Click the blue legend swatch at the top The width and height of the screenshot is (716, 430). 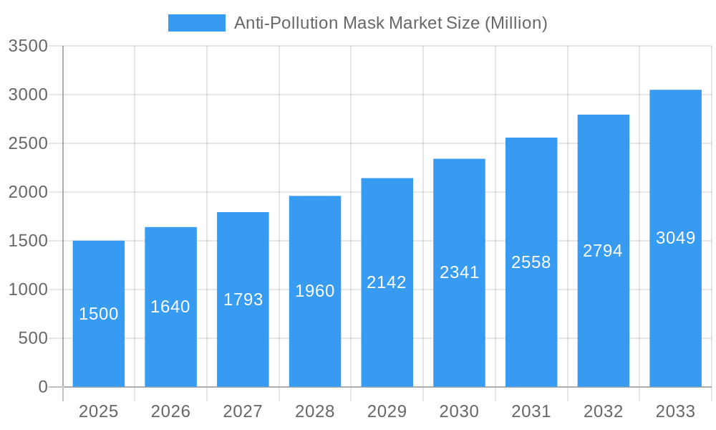pos(196,23)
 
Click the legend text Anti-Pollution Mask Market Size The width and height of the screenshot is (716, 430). pos(390,23)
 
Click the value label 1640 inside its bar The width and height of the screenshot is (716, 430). pos(170,307)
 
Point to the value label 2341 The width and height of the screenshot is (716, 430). pos(459,272)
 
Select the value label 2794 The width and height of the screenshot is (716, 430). pos(603,251)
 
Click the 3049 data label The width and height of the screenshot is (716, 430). pos(675,238)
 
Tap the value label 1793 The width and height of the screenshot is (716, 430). pos(243,300)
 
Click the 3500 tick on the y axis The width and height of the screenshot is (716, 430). pos(28,46)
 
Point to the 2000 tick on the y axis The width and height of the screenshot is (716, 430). pos(28,192)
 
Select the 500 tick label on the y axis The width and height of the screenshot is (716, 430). pos(33,338)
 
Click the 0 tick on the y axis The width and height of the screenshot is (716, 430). pos(42,387)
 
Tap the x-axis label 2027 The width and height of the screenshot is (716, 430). pos(243,411)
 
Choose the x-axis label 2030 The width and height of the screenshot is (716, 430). pos(459,411)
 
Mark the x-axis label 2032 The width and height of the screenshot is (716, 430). pos(603,411)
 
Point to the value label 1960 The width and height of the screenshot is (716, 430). pos(315,291)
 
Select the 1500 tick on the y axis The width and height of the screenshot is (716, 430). pos(28,241)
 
